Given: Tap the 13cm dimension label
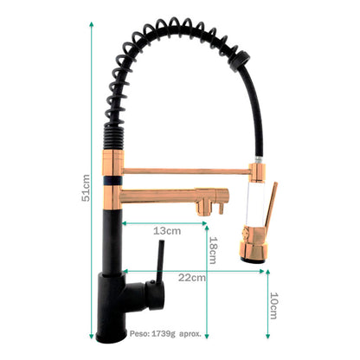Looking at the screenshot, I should coord(166,231).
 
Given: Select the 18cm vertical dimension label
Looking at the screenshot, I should coord(213,251).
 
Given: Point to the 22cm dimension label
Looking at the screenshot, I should coord(191,278).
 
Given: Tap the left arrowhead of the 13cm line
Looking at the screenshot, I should coord(126,223).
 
